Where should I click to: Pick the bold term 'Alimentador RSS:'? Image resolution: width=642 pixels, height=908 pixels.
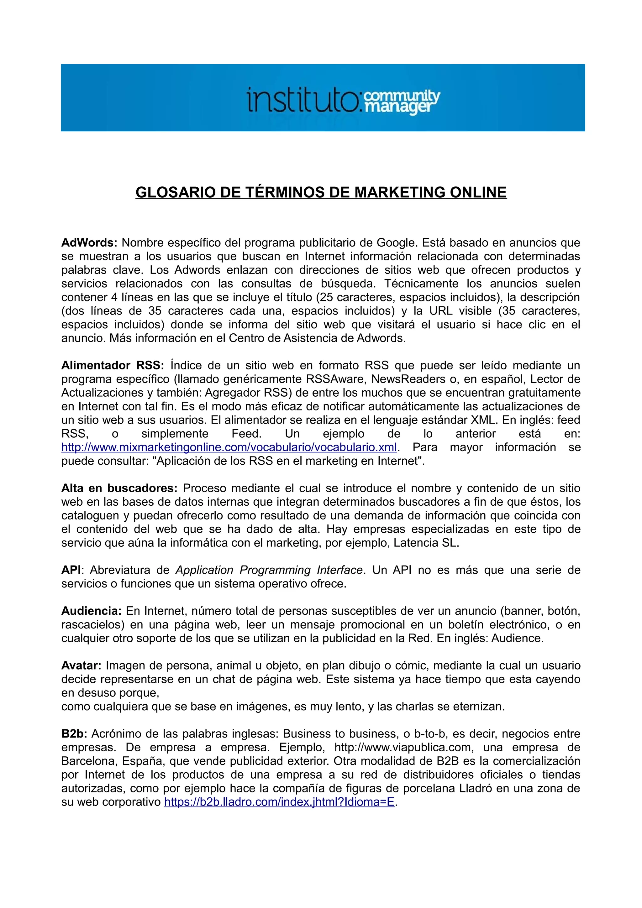pos(112,365)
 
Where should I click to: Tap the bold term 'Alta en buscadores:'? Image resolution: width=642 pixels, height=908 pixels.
pos(119,488)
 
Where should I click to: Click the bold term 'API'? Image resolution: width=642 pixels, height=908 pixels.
pos(71,570)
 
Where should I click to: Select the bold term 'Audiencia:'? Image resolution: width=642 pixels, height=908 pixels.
pos(91,611)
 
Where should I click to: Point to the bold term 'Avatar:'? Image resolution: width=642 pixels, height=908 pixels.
pos(82,665)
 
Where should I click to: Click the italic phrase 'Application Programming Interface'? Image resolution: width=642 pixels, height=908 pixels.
pos(269,570)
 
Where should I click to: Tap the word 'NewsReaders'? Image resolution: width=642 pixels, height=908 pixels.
pos(408,379)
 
